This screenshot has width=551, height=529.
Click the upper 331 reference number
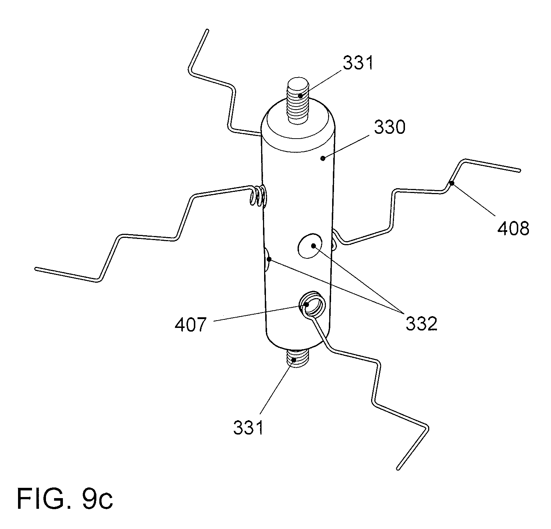click(358, 64)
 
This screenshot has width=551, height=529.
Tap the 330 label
click(390, 128)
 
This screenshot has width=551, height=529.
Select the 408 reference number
click(513, 229)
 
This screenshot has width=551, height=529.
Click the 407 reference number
click(190, 325)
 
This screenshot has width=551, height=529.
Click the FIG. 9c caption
click(65, 498)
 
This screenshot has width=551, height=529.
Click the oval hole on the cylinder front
click(309, 246)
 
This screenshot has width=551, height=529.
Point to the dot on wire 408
click(452, 183)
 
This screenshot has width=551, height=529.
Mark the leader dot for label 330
click(323, 158)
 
